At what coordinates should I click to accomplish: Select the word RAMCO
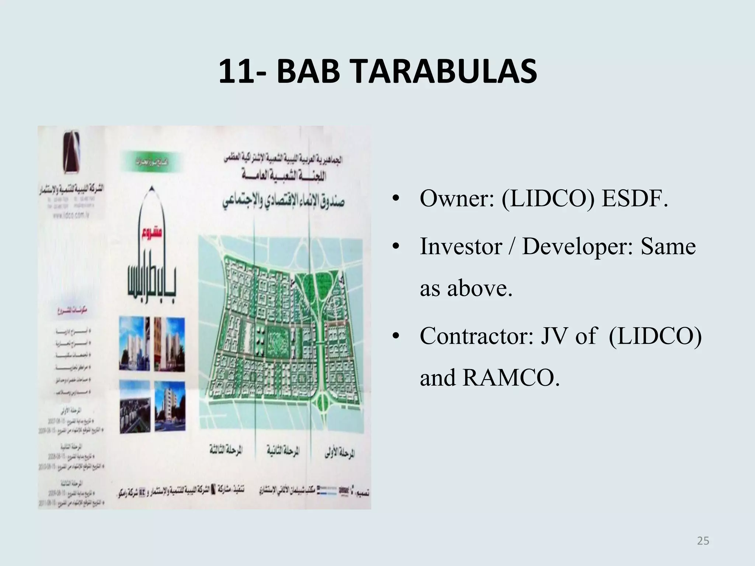point(511,378)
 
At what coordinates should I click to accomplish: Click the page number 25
point(703,541)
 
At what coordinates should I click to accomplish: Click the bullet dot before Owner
point(396,199)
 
